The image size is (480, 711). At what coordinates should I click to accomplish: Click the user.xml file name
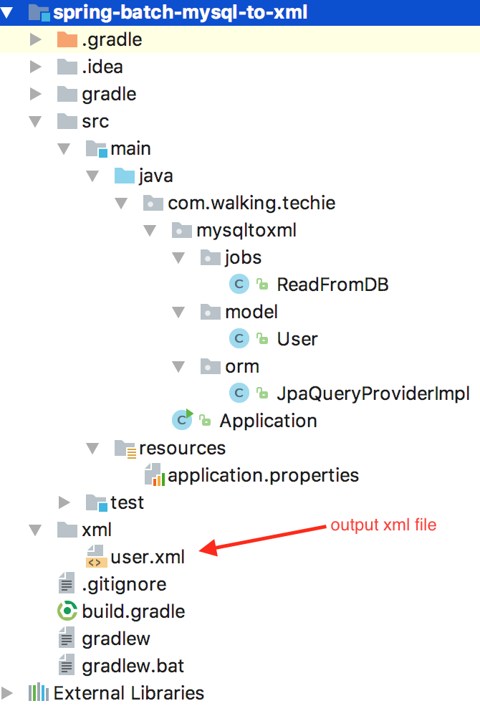(148, 557)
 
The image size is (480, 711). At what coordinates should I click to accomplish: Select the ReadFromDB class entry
(332, 285)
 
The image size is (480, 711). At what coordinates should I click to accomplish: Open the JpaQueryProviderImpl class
(373, 393)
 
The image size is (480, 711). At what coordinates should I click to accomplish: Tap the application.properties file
(263, 475)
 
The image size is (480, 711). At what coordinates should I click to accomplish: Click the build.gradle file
(133, 611)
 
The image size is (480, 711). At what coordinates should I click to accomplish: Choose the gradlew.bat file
(133, 666)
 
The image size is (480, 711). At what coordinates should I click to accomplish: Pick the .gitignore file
(124, 584)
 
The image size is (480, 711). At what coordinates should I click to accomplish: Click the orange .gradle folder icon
(67, 39)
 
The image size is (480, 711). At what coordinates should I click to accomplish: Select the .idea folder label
(102, 67)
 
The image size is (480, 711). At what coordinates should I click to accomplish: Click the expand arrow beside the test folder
(64, 502)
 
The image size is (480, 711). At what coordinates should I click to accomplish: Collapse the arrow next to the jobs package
(178, 257)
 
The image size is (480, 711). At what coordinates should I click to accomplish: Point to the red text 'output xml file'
(383, 525)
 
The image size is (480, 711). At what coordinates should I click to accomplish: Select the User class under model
(297, 339)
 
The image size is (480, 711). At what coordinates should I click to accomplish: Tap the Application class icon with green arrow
(182, 420)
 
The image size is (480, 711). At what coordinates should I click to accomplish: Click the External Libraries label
(128, 693)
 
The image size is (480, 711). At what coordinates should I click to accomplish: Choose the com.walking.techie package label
(251, 203)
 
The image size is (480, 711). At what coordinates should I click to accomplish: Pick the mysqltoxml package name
(246, 230)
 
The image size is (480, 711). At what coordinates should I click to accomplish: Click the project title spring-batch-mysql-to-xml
(180, 12)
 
